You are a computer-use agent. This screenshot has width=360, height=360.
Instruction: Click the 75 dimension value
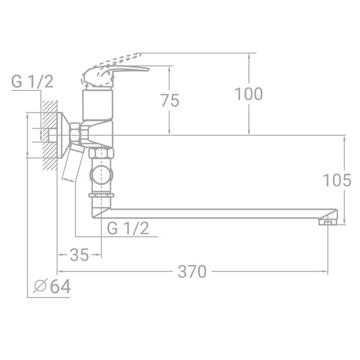[x=170, y=100]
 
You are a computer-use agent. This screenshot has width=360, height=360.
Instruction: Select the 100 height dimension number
[x=248, y=94]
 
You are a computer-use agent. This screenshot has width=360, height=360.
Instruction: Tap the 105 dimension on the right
[x=336, y=181]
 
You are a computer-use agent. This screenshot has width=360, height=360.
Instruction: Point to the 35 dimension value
[x=79, y=255]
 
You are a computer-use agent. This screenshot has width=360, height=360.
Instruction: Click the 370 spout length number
[x=192, y=272]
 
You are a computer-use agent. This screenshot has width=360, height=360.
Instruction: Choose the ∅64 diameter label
[x=51, y=286]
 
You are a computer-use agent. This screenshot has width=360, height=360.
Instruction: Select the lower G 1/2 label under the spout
[x=128, y=229]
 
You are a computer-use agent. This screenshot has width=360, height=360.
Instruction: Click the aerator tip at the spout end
[x=327, y=221]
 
